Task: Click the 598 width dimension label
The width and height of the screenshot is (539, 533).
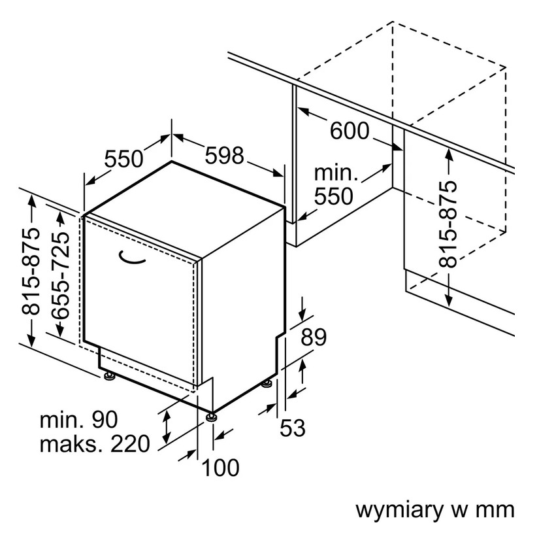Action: (x=225, y=155)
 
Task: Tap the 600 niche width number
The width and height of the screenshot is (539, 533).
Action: (x=350, y=131)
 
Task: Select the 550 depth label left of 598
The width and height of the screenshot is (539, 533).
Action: (x=123, y=159)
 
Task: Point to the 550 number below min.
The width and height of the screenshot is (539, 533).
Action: (x=334, y=196)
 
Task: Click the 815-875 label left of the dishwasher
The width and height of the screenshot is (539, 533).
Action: (x=31, y=271)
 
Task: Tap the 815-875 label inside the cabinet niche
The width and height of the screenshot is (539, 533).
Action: (x=448, y=224)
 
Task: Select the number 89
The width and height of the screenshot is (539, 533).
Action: (x=314, y=337)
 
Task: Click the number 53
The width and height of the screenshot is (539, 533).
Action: (x=293, y=428)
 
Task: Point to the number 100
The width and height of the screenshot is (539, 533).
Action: (x=220, y=468)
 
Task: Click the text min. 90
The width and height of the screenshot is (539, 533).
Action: (x=78, y=420)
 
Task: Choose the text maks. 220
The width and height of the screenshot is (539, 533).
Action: (x=95, y=444)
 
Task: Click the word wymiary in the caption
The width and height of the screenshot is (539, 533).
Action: (x=399, y=510)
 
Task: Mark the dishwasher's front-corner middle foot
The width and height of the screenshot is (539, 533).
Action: (x=212, y=417)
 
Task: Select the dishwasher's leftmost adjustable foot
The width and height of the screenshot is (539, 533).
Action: (x=110, y=376)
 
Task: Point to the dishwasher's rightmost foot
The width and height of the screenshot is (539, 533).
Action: (x=267, y=384)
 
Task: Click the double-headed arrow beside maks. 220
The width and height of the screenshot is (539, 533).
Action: (x=167, y=427)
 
